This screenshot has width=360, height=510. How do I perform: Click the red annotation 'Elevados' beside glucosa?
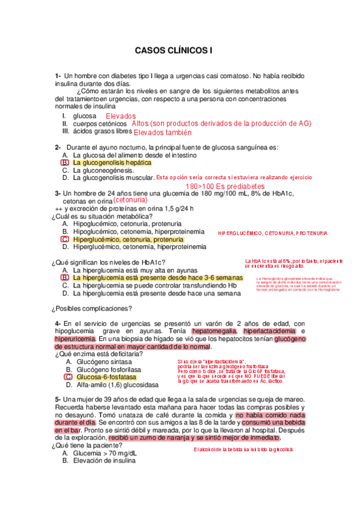121,116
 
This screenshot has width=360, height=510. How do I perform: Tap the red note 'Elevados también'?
162,133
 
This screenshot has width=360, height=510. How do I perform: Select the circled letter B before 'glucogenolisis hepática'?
65,162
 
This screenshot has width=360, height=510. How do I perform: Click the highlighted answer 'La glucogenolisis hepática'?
112,162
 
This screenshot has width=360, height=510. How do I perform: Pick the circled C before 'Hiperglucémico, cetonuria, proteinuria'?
65,239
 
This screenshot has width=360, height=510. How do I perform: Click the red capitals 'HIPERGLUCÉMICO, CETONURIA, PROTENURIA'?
272,232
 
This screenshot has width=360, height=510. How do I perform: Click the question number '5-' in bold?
58,399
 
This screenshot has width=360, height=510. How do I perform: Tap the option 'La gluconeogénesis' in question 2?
104,170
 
